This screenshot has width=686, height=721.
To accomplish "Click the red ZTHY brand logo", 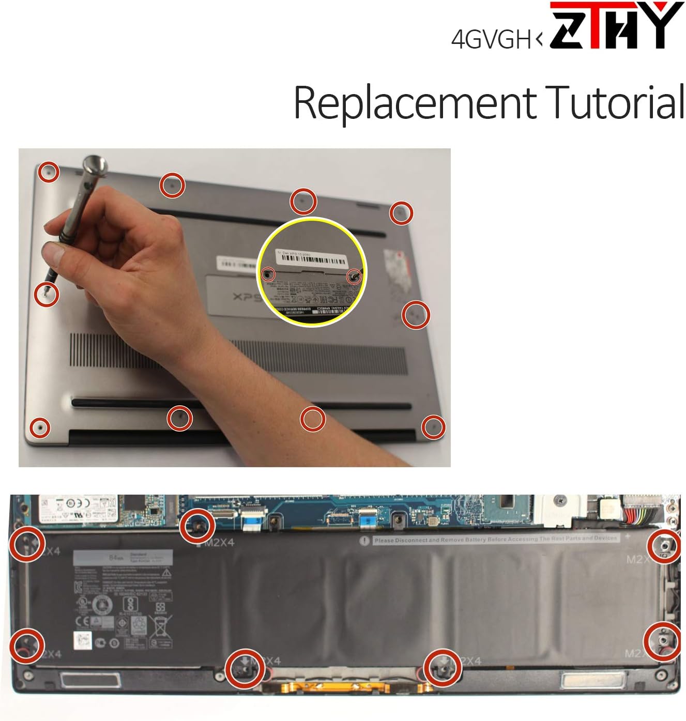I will click(x=615, y=26).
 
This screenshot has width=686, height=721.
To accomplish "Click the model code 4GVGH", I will click(x=491, y=39).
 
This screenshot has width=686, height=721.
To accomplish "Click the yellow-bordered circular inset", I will click(x=312, y=271).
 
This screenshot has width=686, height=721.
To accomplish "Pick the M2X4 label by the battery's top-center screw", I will click(x=219, y=543).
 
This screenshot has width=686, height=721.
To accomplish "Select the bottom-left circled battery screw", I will click(x=26, y=646).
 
